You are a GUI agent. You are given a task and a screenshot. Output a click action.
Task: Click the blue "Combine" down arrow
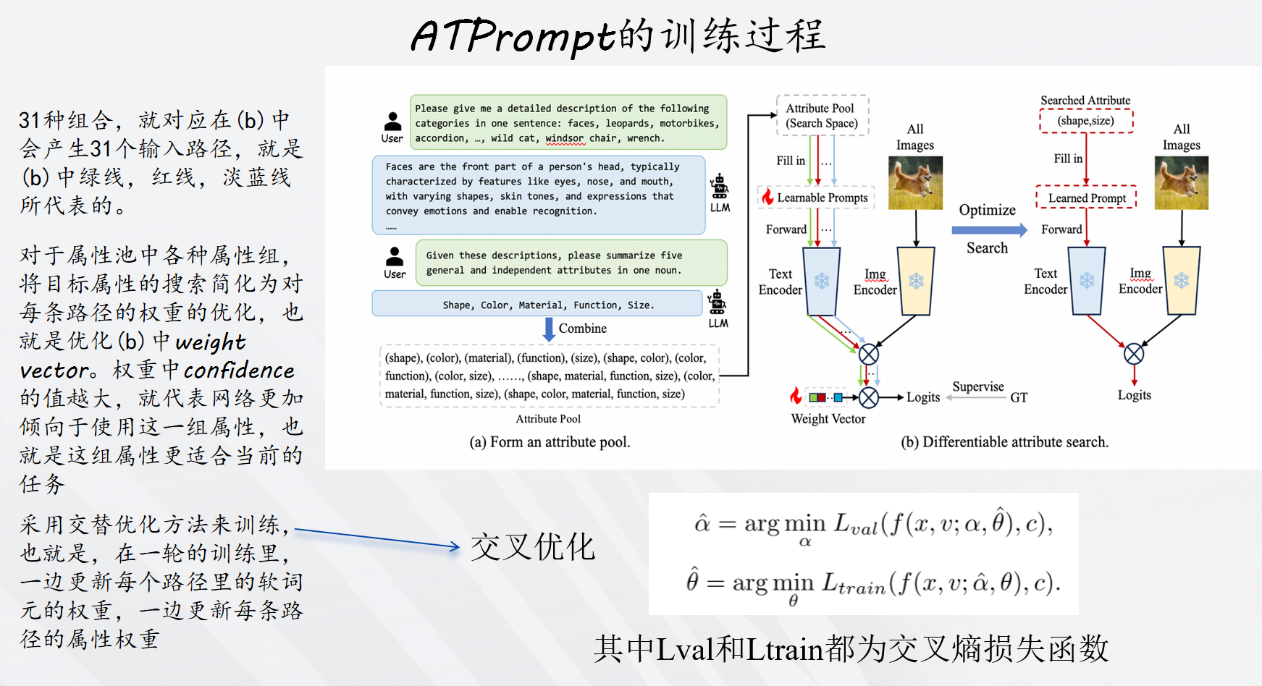click(549, 329)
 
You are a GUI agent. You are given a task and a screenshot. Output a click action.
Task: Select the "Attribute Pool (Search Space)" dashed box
click(822, 116)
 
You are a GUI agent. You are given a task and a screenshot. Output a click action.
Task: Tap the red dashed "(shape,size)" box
click(1085, 121)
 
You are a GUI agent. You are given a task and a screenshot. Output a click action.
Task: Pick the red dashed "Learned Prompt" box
click(1086, 198)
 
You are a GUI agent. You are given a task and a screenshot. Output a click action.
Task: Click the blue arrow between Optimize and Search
click(988, 230)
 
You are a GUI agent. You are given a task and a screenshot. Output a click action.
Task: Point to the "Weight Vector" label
click(828, 419)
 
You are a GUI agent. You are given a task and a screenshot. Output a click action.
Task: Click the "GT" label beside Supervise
click(1019, 397)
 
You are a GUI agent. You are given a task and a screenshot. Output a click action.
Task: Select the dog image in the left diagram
click(915, 183)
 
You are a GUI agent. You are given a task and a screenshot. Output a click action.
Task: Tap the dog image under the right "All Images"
click(1181, 183)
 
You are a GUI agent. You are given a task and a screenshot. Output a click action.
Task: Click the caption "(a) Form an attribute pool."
click(550, 442)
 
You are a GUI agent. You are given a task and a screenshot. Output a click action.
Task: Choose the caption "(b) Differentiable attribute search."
click(1004, 442)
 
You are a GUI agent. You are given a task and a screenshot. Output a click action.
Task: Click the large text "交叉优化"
click(533, 547)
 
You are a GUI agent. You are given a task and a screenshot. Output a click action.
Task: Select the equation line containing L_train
click(872, 585)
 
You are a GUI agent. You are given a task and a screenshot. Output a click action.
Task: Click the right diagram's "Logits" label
click(1134, 395)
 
